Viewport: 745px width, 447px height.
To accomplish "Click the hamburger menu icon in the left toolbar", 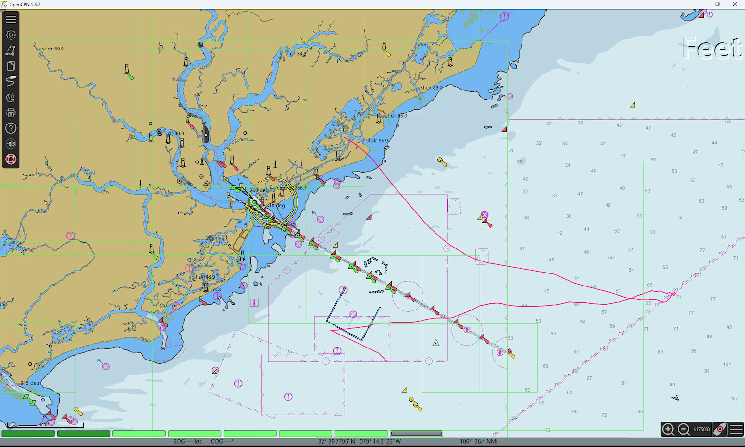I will coord(11,19).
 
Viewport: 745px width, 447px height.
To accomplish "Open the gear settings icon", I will coord(11,35).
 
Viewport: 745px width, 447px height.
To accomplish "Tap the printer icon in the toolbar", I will coord(11,113).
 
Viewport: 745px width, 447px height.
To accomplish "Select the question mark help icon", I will coord(11,128).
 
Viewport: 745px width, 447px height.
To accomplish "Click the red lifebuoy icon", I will coord(11,159).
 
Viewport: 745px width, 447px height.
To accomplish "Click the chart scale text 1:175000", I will coord(701,429).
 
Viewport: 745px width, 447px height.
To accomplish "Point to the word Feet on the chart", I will coord(711,48).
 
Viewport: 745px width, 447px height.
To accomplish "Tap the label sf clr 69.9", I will coord(52,49).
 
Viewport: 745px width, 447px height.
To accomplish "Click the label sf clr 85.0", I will coord(431,88).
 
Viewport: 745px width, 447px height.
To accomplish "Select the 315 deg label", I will coord(30,383).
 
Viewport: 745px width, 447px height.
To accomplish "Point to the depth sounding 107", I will coord(734,398).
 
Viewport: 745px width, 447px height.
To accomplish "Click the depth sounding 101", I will coord(727,365).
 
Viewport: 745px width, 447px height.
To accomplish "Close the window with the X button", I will coord(735,4).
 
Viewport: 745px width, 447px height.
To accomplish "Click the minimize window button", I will coord(700,4).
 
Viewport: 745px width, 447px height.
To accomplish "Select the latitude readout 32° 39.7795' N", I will coord(336,441).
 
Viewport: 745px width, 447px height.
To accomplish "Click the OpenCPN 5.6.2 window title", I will coord(25,4).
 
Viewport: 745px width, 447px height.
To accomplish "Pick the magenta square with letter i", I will coord(254,302).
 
